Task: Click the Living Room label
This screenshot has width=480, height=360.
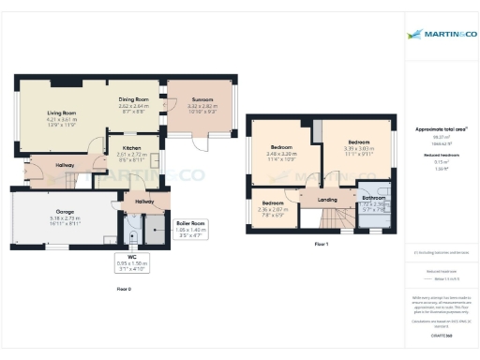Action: coord(62,112)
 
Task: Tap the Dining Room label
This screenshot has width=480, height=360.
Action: coord(134,99)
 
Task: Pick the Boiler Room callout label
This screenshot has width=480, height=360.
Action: coord(191,223)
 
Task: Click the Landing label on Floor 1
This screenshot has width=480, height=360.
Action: coord(327,200)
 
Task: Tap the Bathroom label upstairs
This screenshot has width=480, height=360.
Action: coord(374,199)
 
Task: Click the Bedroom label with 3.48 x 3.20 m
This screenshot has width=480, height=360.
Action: coord(282,148)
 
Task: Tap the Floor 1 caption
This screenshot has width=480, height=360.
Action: coord(322,244)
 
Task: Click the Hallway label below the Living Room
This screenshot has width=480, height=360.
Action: coord(65,165)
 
